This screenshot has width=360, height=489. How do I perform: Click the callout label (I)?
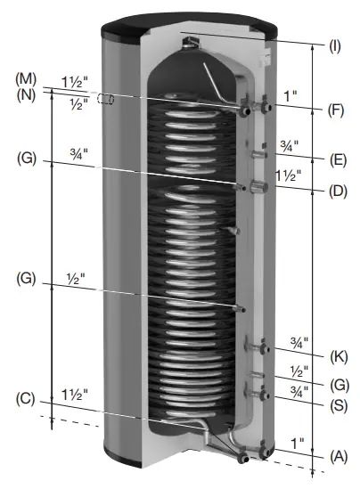[x=335, y=45]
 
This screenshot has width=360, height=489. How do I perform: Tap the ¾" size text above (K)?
[x=299, y=341]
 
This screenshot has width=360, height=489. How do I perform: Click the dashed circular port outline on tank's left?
[x=105, y=100]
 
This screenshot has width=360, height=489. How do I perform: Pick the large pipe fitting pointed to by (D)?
[x=259, y=188]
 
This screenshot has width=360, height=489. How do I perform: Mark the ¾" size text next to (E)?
[x=290, y=144]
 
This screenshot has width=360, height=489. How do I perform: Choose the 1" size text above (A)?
[x=298, y=441]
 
